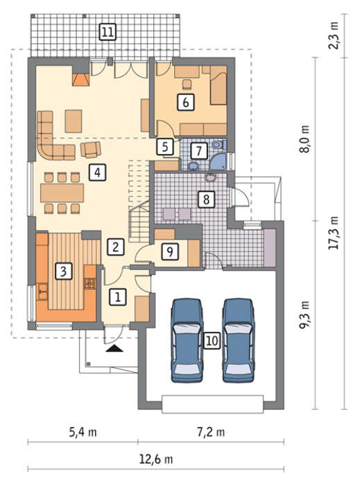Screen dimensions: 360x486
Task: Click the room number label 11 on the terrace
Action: (x=108, y=32)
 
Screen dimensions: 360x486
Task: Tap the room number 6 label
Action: (x=186, y=102)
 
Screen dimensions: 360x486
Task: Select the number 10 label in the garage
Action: (x=212, y=341)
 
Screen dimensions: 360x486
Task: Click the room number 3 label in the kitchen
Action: (x=63, y=271)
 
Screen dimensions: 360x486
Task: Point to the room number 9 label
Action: (x=170, y=251)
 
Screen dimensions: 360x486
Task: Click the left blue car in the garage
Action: (x=187, y=340)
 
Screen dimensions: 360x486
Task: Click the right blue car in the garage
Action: (x=239, y=340)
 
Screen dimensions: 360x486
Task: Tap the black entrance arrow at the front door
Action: (x=114, y=349)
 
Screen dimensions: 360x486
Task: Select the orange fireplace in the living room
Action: (x=80, y=79)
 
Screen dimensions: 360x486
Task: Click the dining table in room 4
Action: (x=62, y=193)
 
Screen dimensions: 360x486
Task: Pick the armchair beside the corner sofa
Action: (x=91, y=149)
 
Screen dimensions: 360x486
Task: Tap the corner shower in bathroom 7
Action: (x=219, y=162)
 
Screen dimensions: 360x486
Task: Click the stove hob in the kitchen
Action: (x=89, y=283)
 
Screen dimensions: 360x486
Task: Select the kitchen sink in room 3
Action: (x=42, y=292)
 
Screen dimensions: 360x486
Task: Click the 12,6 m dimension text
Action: (x=155, y=459)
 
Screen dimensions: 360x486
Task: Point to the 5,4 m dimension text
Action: (x=83, y=432)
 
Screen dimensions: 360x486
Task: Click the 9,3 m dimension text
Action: (x=305, y=315)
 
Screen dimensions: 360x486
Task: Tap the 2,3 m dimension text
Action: (x=334, y=35)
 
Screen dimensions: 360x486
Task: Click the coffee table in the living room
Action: (x=74, y=121)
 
